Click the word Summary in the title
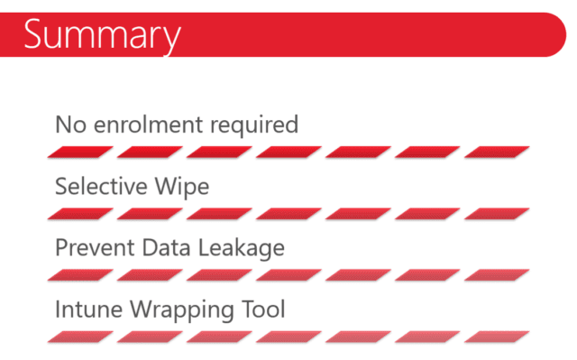click(102, 36)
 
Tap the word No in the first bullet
click(70, 125)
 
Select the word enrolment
click(148, 124)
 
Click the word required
click(254, 126)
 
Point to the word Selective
click(101, 186)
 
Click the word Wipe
click(182, 188)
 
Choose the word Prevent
click(95, 247)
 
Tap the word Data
click(166, 247)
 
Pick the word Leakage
click(242, 249)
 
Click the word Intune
click(88, 309)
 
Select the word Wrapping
click(182, 310)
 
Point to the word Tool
click(263, 309)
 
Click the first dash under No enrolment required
click(80, 152)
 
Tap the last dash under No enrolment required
click(497, 152)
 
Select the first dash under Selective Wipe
click(80, 214)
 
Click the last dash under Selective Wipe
click(497, 214)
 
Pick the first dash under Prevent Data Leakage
click(80, 275)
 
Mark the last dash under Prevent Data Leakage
click(497, 275)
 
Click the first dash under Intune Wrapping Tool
click(80, 337)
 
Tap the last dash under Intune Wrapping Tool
click(497, 337)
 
